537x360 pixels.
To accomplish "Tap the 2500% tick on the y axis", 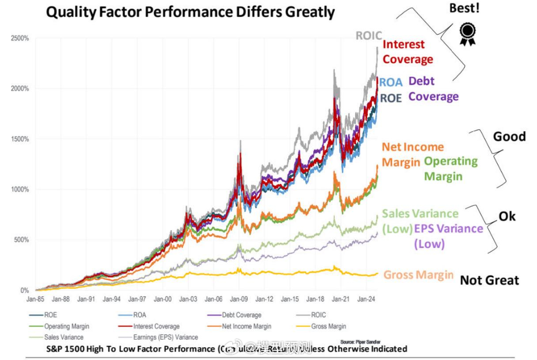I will coord(20,38).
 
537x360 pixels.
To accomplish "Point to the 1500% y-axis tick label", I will coord(20,139).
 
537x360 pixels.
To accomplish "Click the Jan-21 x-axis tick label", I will coord(340,299).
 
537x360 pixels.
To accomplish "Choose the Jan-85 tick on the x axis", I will coord(35,299).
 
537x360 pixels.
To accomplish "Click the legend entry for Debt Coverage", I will coord(241,315).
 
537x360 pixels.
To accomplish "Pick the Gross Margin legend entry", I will coord(329,326).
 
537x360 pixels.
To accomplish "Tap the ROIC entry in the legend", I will coord(318,315).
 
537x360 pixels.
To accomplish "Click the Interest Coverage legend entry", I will coord(156,326).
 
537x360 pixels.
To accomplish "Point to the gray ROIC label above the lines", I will coord(369,35).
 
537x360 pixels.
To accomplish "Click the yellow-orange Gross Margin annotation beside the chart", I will coord(418,275).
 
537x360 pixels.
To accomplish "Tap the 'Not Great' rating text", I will coord(489,280).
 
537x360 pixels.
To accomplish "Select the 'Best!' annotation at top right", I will coord(464,8).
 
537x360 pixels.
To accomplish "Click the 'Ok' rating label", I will coord(507,216).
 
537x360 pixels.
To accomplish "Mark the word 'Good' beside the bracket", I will coord(509,136).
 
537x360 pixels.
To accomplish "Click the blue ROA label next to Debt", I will coord(391,83).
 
